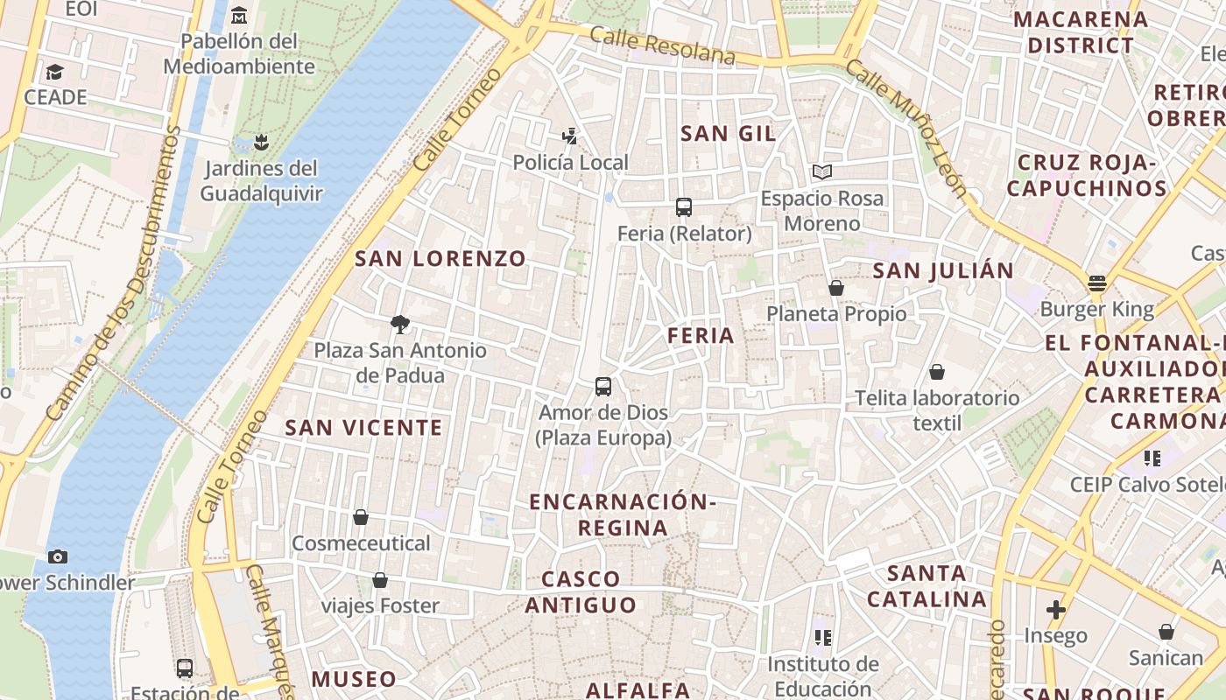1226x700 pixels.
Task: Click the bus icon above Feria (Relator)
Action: [684, 207]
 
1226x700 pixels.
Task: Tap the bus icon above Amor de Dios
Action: [603, 386]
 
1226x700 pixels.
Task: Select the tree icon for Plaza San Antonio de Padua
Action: [400, 325]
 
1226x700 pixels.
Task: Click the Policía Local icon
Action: [570, 136]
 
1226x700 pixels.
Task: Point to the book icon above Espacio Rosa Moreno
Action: [821, 171]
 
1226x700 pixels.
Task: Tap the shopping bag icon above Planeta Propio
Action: [836, 287]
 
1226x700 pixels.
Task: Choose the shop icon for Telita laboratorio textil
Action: [937, 372]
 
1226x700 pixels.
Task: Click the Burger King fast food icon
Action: [1097, 283]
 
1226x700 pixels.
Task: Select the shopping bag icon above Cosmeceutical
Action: [360, 517]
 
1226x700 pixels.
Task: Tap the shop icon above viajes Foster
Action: [380, 579]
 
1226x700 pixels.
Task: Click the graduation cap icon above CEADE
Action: [55, 71]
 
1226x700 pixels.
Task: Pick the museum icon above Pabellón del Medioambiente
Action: [239, 15]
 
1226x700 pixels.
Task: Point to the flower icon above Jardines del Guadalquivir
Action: [260, 141]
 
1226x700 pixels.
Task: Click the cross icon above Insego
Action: [1056, 609]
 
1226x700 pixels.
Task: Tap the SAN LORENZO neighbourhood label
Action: [440, 258]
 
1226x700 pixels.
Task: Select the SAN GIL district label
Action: [729, 133]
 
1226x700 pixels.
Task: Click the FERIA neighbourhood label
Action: [701, 335]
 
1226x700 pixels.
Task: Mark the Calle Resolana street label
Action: [662, 45]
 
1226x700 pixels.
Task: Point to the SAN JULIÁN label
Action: [943, 270]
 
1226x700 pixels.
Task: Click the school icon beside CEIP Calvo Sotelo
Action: [1152, 458]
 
